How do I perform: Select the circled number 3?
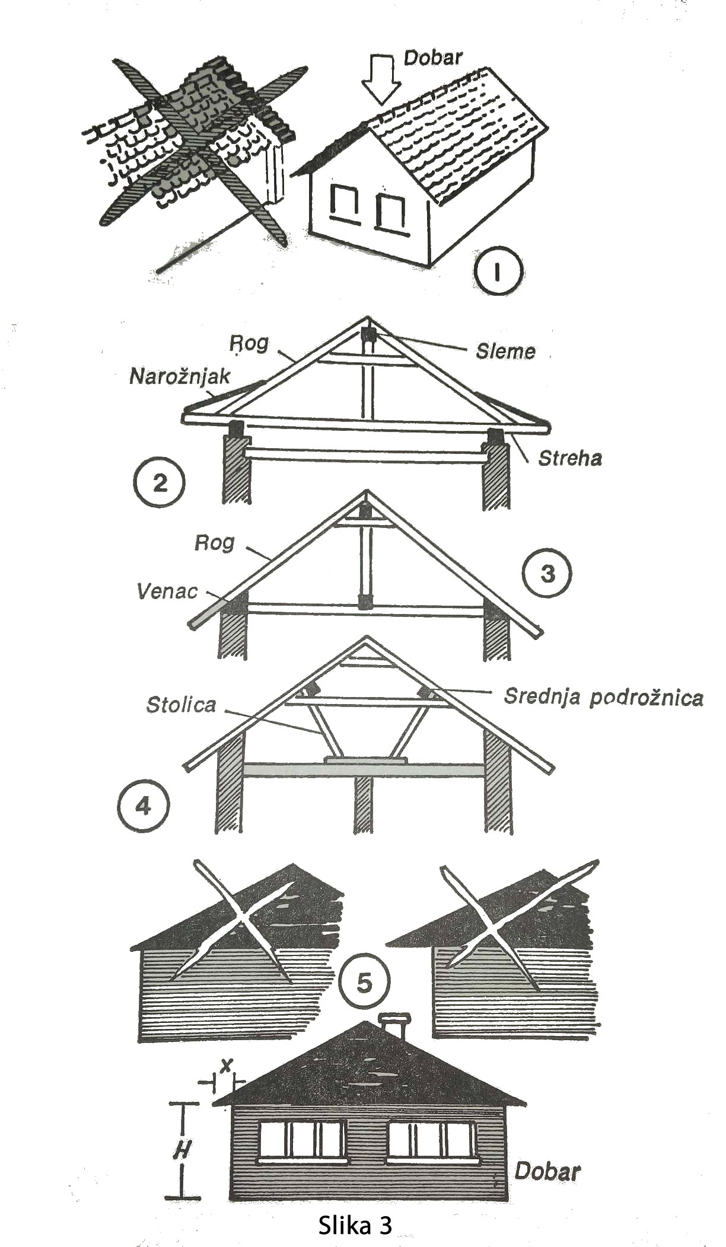547,574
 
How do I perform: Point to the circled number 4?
144,806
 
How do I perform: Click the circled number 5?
365,982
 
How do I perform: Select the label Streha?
569,458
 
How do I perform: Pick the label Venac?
167,591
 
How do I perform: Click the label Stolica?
181,705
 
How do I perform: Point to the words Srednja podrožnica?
603,697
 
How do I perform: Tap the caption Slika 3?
355,1225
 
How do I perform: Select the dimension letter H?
181,1150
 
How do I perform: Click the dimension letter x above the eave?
225,1066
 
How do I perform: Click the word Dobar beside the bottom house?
547,1171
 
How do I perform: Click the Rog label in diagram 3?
214,542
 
